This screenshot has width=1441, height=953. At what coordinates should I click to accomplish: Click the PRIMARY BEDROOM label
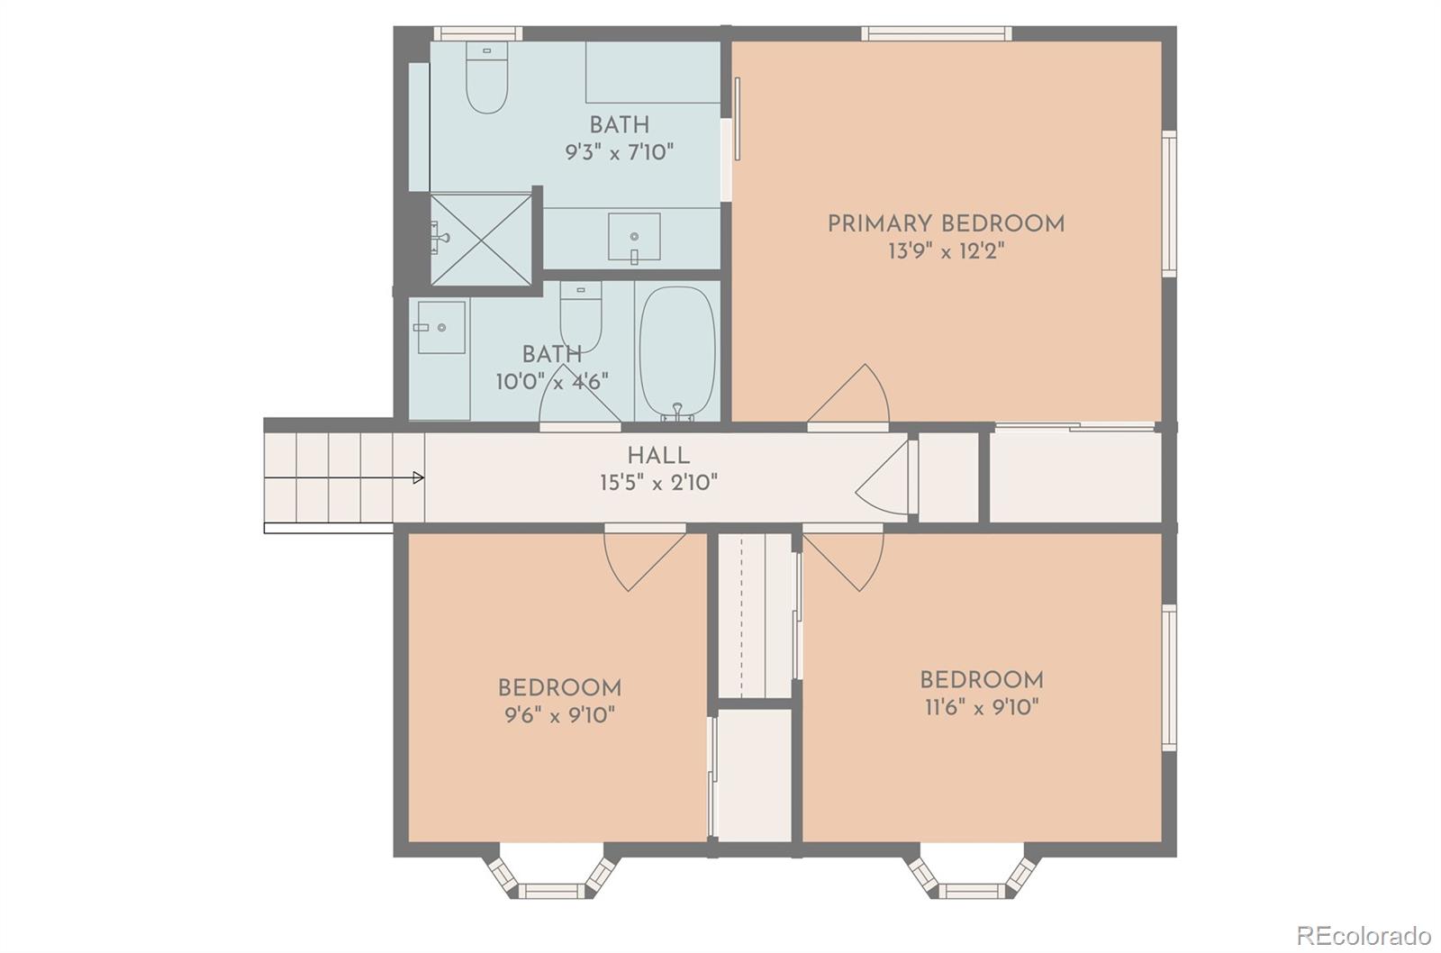[x=946, y=224]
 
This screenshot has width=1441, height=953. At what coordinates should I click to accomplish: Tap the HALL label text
[x=658, y=456]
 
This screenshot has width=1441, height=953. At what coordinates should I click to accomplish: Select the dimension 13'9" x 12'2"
[x=946, y=251]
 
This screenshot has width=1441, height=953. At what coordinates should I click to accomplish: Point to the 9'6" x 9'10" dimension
[x=559, y=715]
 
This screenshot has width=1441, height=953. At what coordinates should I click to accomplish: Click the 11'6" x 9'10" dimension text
[x=982, y=707]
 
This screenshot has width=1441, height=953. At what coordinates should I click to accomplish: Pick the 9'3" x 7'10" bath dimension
[x=620, y=152]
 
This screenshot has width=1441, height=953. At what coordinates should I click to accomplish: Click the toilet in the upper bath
[x=487, y=77]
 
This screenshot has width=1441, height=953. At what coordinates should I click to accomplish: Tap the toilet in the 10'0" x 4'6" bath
[x=581, y=316]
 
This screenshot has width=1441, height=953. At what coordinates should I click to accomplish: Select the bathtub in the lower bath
[x=677, y=352]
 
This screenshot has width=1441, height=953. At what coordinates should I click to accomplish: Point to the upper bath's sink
[x=634, y=238]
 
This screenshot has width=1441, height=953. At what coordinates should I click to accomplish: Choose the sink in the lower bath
[x=441, y=328]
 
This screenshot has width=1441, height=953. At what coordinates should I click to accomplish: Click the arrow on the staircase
[x=344, y=477]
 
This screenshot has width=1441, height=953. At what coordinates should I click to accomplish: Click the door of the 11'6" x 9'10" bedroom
[x=843, y=558]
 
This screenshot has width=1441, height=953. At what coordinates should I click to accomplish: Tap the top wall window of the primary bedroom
[x=937, y=33]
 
